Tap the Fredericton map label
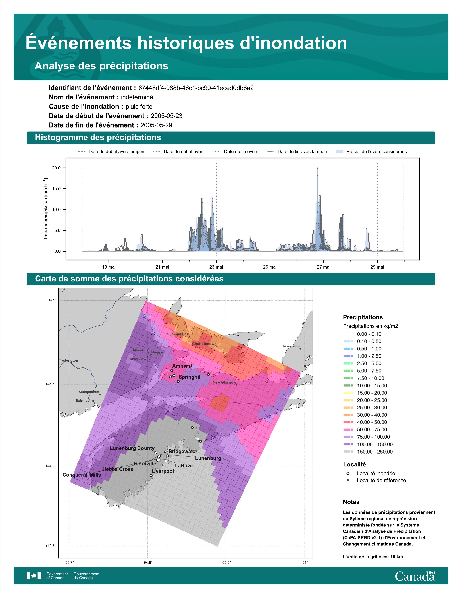(68, 360)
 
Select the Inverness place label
(291, 346)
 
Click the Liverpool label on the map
(163, 471)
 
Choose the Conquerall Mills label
(82, 475)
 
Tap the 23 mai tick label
(216, 267)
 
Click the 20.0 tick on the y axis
(56, 168)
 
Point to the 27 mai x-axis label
(324, 267)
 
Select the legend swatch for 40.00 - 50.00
(348, 422)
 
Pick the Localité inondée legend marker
(348, 473)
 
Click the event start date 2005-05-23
(166, 116)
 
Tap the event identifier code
(196, 88)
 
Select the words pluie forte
(139, 107)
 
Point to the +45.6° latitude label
(51, 384)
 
